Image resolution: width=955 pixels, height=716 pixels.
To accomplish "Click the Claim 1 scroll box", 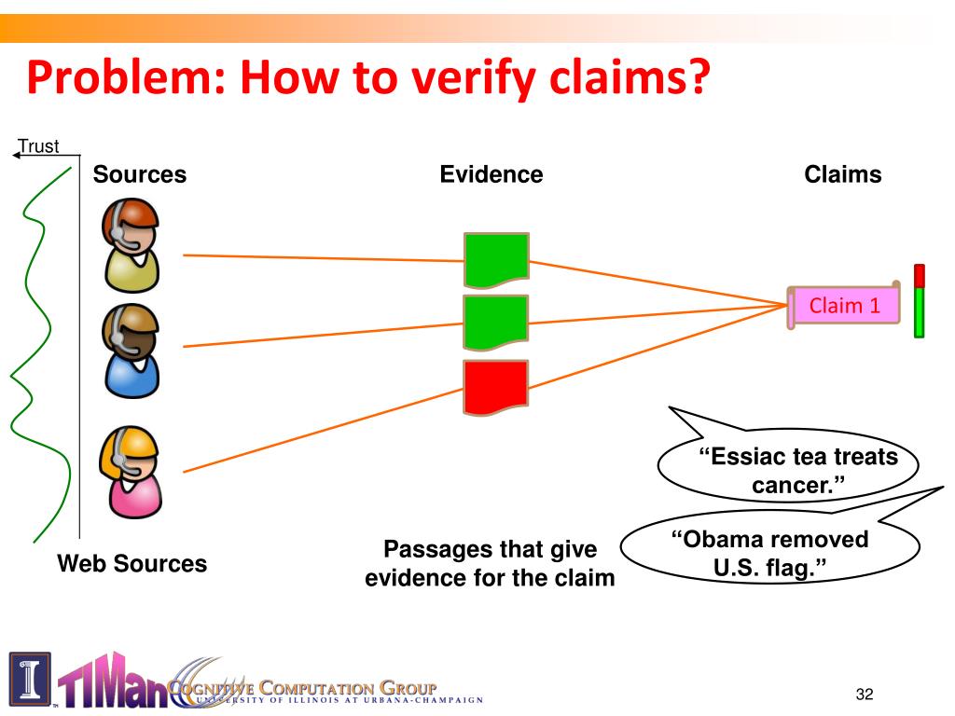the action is tap(844, 305).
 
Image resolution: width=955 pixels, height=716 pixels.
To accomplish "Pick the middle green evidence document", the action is tap(496, 323).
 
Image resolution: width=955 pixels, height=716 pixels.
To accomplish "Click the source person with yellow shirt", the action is tap(131, 247).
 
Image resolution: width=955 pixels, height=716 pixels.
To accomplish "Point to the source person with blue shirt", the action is tap(131, 350).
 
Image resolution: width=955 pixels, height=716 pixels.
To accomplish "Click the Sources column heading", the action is tap(140, 174).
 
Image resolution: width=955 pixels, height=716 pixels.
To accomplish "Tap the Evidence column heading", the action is tap(491, 174).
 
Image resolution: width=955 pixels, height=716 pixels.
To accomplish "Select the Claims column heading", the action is tap(843, 174).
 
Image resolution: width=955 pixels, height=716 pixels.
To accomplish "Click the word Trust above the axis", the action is tap(39, 146).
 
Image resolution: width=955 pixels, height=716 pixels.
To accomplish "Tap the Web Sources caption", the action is tap(132, 563).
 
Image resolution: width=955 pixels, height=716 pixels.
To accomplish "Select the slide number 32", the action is tap(865, 693).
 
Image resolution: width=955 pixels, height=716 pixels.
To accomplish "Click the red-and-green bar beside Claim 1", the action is tap(919, 300).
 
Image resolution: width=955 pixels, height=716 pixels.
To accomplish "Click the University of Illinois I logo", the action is tap(30, 679).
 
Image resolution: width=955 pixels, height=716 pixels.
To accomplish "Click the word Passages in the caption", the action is tap(431, 548).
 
